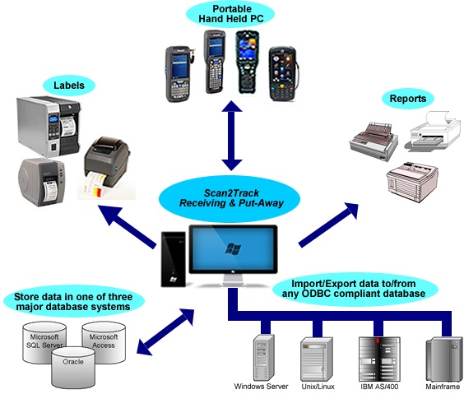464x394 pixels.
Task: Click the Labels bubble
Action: (x=69, y=86)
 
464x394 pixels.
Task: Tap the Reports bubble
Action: (x=408, y=99)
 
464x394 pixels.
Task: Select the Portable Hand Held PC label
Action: (x=230, y=14)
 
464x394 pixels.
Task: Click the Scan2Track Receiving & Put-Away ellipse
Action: (x=231, y=198)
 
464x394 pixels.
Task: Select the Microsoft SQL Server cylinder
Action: (x=44, y=341)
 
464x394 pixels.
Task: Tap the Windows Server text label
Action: (x=261, y=387)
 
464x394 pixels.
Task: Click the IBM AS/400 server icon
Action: (x=379, y=359)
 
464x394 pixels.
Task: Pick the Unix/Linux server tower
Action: (x=317, y=359)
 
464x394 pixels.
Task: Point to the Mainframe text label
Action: (x=443, y=387)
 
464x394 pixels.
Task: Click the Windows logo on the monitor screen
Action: (x=233, y=249)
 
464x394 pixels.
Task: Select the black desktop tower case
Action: (x=174, y=259)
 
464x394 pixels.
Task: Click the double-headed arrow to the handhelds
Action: (x=232, y=136)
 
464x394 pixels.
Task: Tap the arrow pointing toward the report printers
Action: (x=328, y=224)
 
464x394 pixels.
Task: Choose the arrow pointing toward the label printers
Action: (x=128, y=226)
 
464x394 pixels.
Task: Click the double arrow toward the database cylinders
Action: (x=165, y=331)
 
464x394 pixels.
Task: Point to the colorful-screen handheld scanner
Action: (x=248, y=63)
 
